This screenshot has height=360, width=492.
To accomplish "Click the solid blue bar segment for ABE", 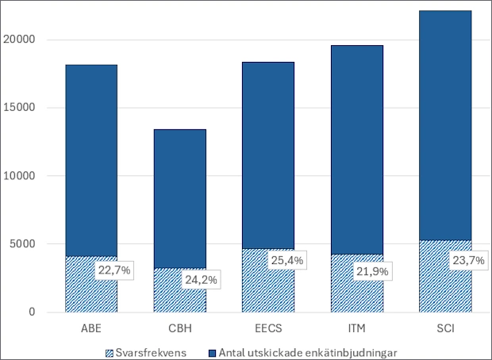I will point(90,159).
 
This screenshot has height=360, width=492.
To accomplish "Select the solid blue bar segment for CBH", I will point(179,198).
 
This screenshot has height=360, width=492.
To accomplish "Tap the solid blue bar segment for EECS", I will point(267,155).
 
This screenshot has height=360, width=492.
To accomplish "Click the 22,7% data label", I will point(114,270).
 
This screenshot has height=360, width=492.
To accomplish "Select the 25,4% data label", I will point(288,261).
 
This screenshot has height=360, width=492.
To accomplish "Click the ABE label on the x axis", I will point(90,327).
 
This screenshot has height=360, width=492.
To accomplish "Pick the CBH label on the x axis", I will point(179,327).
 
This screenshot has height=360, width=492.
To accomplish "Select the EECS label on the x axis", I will point(267,327).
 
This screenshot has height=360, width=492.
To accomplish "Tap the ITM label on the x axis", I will point(356,327).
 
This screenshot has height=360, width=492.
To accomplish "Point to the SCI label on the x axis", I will point(445,327).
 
